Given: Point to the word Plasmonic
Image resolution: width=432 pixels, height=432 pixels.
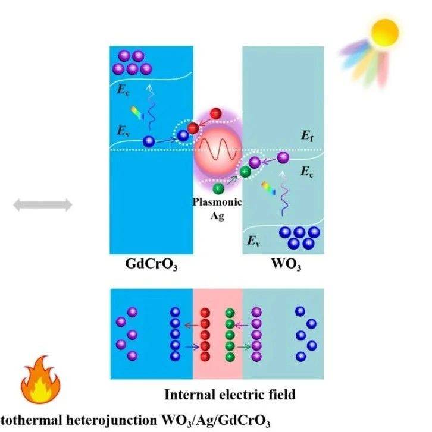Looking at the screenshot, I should (x=217, y=202).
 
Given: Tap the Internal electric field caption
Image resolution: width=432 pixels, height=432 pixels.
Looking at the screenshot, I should (x=230, y=394).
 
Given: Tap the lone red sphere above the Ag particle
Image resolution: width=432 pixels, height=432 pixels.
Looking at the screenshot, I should (x=216, y=113).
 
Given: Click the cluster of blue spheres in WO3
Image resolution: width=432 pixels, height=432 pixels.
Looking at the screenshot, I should (x=301, y=237).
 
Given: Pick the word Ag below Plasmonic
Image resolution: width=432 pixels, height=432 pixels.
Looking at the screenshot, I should (x=217, y=215).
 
